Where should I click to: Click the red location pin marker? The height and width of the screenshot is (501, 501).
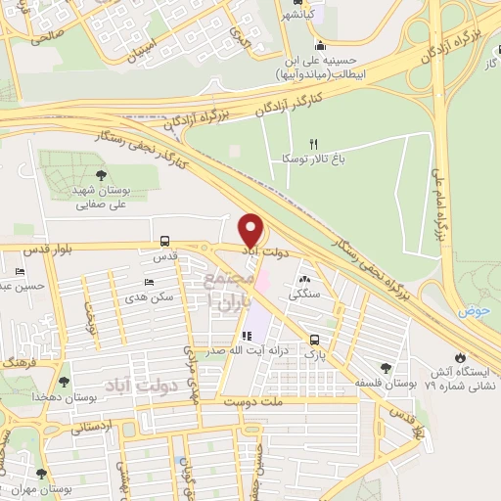click(251, 230)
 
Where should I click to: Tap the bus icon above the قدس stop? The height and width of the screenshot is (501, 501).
click(164, 241)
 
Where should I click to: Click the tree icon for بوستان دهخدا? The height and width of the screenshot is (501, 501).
click(65, 382)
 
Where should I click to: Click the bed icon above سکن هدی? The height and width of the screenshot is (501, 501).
click(146, 282)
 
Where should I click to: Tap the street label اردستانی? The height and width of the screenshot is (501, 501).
click(95, 427)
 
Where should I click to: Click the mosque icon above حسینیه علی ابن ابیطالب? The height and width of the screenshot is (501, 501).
click(320, 45)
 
